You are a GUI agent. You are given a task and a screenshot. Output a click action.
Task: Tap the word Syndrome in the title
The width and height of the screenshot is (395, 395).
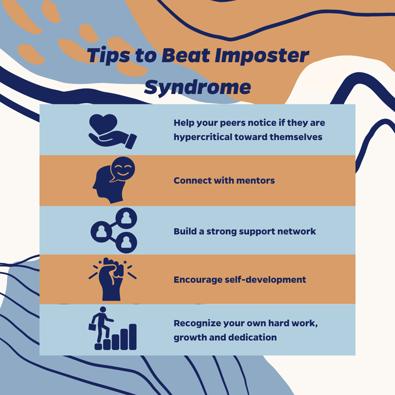click(x=197, y=87)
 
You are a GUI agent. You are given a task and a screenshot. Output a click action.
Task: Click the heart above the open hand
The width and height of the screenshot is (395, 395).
click(x=104, y=122)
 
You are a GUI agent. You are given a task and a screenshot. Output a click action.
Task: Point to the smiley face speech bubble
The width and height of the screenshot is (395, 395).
click(x=123, y=168)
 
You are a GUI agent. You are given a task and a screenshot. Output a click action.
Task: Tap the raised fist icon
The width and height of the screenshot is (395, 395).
click(x=112, y=280)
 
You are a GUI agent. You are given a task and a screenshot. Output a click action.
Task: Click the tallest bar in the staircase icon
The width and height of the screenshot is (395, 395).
click(x=133, y=337)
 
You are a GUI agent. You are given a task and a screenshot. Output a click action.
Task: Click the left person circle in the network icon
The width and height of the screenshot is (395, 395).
click(x=101, y=232)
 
